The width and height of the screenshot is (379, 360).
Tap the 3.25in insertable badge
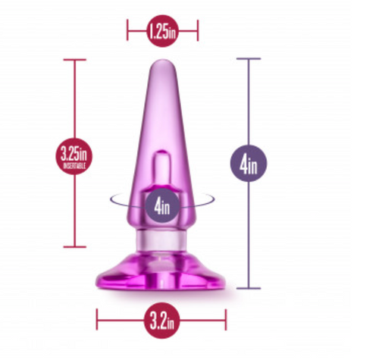pyautogui.click(x=74, y=156)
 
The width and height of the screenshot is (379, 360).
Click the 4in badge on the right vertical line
pyautogui.click(x=249, y=164)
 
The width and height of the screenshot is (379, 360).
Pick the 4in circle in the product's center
pyautogui.click(x=161, y=204)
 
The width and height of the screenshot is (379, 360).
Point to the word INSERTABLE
pyautogui.click(x=74, y=164)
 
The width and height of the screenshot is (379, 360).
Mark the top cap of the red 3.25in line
pyautogui.click(x=74, y=60)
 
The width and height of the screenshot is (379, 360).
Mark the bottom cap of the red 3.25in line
pyautogui.click(x=74, y=246)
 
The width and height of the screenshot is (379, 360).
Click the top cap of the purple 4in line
pyautogui.click(x=249, y=59)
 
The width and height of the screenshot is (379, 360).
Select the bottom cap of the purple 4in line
pyautogui.click(x=249, y=288)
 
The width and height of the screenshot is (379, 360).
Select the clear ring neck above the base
pyautogui.click(x=161, y=244)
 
